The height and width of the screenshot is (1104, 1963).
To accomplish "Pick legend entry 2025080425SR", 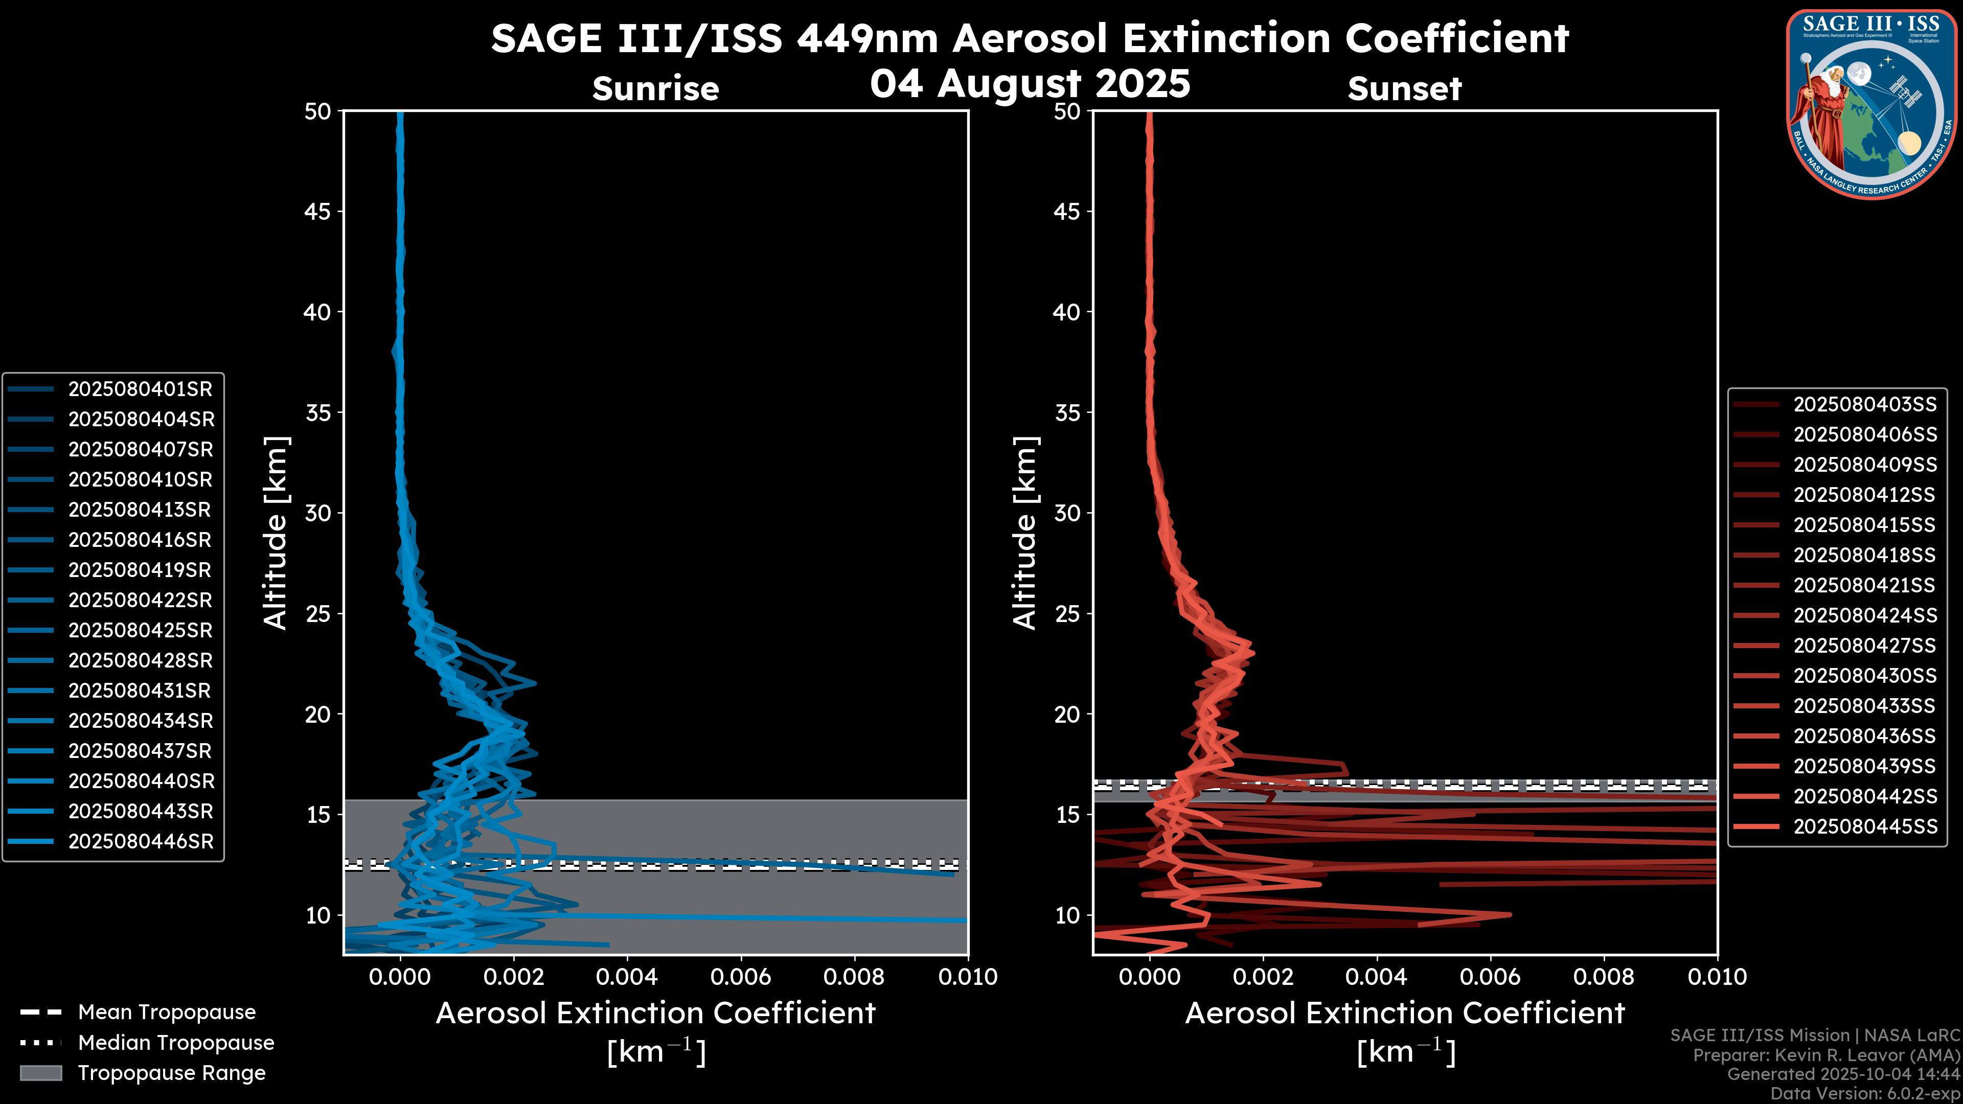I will [x=140, y=631].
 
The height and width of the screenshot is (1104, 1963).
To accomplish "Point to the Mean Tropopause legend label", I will [x=167, y=1013].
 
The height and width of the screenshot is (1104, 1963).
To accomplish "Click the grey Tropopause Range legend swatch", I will [x=41, y=1073].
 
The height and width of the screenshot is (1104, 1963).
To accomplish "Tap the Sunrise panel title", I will [x=655, y=89].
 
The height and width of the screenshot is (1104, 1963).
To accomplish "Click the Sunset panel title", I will [x=1404, y=89].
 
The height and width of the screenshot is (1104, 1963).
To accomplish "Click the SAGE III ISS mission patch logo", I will [x=1873, y=103].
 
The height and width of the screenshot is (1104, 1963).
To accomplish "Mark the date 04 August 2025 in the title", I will [x=1030, y=84].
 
